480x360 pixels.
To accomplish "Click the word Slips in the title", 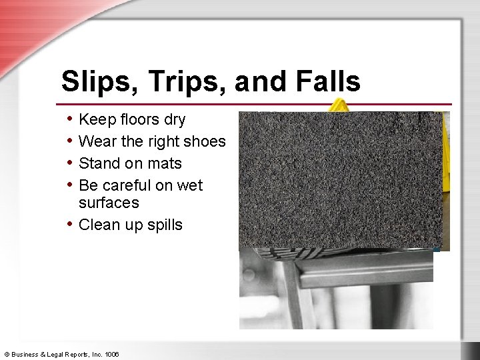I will [94, 82].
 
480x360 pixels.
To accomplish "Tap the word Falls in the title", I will [325, 82].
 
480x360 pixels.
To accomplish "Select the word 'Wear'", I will [96, 141].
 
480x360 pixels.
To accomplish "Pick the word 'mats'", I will [164, 164].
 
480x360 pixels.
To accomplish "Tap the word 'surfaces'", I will [109, 203].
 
